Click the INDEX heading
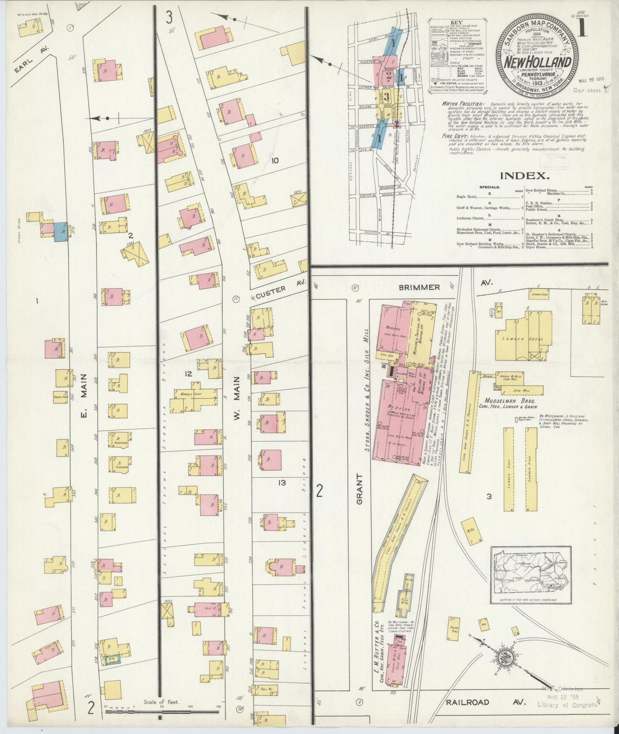pyautogui.click(x=524, y=175)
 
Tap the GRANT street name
pyautogui.click(x=360, y=489)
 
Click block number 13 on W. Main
pyautogui.click(x=282, y=483)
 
